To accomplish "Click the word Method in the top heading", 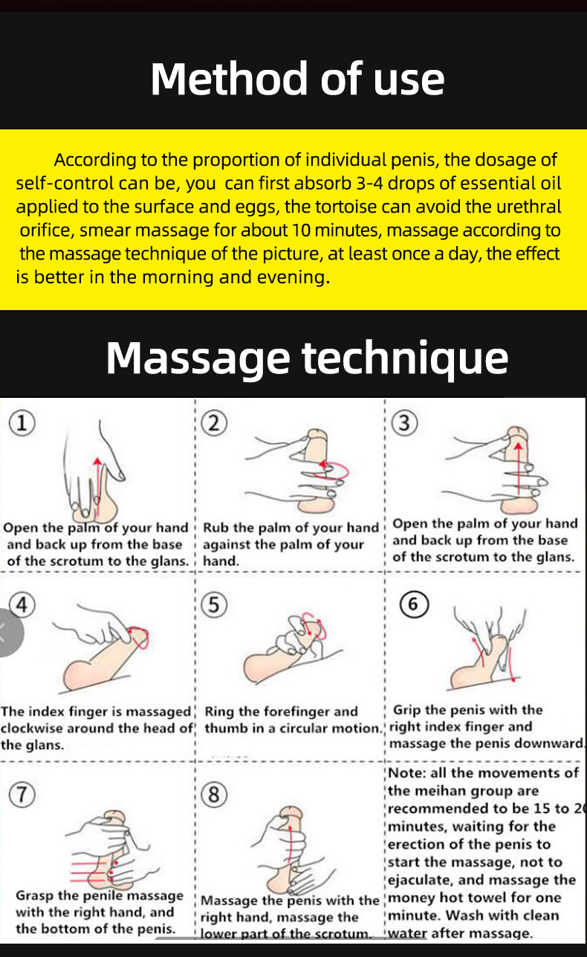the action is point(229,79).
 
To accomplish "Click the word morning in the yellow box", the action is point(178,277).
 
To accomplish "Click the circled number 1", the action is point(22,423).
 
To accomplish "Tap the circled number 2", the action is point(214,423).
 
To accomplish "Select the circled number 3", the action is point(404,423).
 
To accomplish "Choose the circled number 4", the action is point(22,605).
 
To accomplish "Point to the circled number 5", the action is point(214,605).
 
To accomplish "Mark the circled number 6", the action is point(414,604).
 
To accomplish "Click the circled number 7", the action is point(22,794).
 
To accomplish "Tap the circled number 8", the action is point(214,794).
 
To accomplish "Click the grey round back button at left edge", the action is point(8,633).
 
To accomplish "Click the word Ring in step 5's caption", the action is point(219,712).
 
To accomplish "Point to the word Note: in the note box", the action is point(407,773).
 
